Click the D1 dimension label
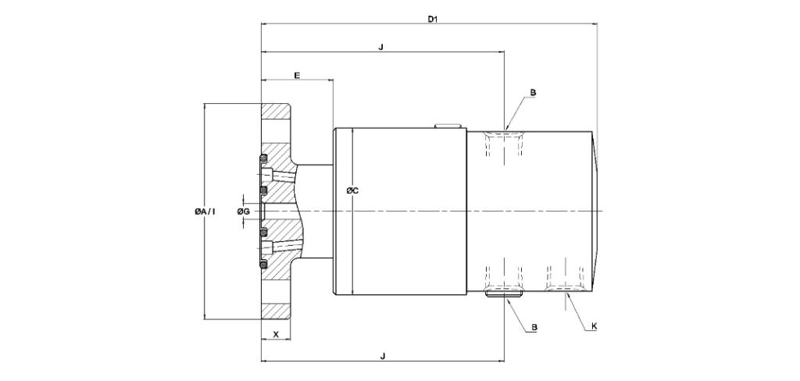point(433,20)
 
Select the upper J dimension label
point(381,48)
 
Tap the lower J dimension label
point(383,356)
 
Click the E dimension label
point(297,76)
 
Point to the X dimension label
point(276,335)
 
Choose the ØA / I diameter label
point(205,211)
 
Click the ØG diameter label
point(244,211)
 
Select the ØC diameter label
point(352,190)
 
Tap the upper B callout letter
point(533,93)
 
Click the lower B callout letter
point(534,327)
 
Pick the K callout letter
point(594,326)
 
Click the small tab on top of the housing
point(448,126)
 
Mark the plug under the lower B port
point(504,294)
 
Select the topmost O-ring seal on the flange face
point(263,157)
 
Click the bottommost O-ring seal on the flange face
point(263,265)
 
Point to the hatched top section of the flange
point(276,111)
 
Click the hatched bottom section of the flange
point(276,312)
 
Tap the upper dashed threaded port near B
point(504,144)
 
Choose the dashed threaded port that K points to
point(565,280)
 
